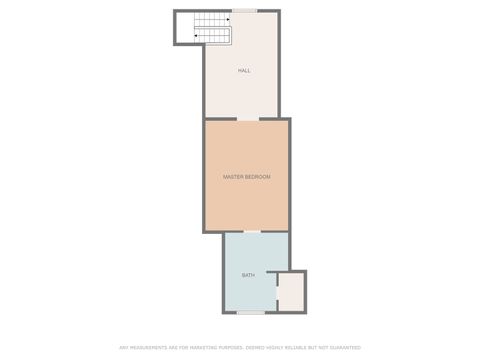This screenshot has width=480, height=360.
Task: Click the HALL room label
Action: point(244,71)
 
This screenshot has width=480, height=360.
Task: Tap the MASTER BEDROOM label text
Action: point(246,177)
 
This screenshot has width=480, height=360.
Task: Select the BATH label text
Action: point(248,275)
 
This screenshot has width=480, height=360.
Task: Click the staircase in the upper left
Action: point(211,28)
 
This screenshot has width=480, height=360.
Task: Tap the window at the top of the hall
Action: point(244,11)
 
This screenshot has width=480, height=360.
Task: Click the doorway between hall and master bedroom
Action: point(248,119)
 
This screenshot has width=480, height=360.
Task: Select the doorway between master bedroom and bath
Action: point(252,232)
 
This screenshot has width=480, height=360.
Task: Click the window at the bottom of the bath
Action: point(251,312)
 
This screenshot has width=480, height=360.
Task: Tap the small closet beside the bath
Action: point(291,292)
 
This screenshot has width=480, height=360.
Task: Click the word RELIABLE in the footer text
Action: point(286,348)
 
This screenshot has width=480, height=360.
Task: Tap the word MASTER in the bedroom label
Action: point(233,177)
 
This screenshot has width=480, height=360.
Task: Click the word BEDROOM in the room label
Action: point(258,177)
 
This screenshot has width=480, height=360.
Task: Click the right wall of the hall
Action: point(279,65)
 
